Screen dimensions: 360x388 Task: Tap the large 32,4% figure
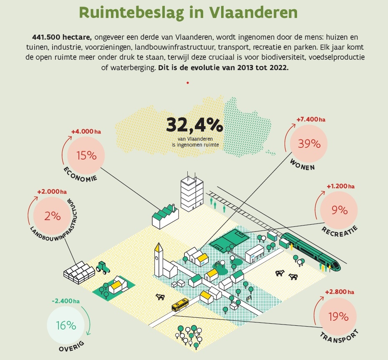(195, 125)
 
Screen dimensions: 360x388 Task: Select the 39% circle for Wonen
(309, 144)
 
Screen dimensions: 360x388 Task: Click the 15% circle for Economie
(86, 155)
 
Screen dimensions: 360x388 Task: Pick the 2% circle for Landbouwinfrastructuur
(53, 215)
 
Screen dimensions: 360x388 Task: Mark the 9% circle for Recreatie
(339, 210)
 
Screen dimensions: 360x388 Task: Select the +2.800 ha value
(340, 292)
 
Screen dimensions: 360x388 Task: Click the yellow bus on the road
(180, 305)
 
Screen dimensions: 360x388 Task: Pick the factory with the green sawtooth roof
(165, 215)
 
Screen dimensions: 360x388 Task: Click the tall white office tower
(191, 192)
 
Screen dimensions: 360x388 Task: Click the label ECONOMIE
(80, 175)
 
